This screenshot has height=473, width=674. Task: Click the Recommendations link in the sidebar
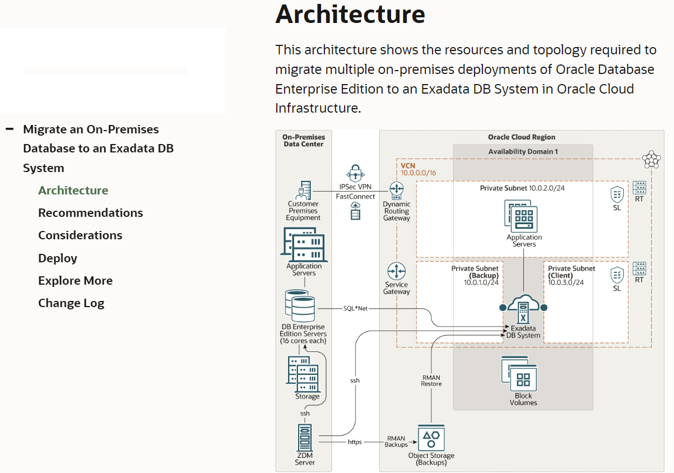tap(90, 213)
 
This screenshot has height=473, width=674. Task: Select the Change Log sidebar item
tap(71, 303)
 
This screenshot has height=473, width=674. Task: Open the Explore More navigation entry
tap(75, 281)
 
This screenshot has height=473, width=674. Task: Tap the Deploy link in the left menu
tap(58, 258)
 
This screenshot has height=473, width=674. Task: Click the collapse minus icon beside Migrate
tap(10, 129)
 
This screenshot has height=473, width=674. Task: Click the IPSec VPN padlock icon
tap(355, 172)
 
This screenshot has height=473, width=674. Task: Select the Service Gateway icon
tap(396, 271)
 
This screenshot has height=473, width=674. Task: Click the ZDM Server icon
tap(305, 438)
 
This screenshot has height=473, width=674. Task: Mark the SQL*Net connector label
tap(355, 308)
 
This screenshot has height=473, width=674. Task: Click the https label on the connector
tap(355, 442)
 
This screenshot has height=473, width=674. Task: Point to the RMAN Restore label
tap(431, 381)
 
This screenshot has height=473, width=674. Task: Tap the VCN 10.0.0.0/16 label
tap(418, 169)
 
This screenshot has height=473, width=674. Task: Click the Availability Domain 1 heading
tap(523, 152)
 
